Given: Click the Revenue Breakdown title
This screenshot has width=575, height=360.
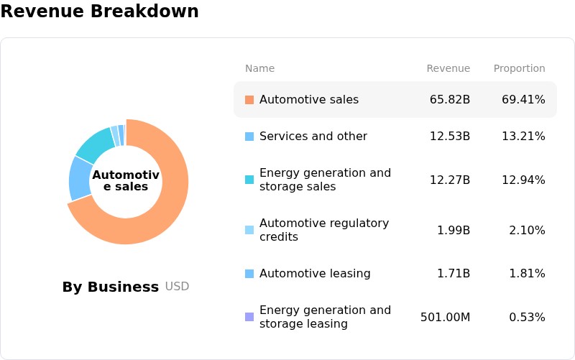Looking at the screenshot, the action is click(x=99, y=11).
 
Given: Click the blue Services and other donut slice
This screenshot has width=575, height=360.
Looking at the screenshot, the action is click(x=80, y=178).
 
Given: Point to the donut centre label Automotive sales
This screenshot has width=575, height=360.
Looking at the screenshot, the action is click(x=126, y=180).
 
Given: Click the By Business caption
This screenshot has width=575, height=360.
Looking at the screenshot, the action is click(x=111, y=287).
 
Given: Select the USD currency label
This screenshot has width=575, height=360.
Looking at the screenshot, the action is click(x=177, y=286).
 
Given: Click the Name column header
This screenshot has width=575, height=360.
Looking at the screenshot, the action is click(x=259, y=68).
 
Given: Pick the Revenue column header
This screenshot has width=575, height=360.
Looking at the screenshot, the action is click(x=448, y=68).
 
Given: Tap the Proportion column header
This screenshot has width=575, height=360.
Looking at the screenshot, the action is click(x=519, y=68).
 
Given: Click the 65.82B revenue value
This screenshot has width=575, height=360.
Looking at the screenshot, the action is click(x=450, y=100).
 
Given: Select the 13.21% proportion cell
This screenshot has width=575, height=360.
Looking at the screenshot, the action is click(x=523, y=137).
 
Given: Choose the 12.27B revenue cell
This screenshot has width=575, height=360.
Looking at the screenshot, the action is click(x=450, y=180).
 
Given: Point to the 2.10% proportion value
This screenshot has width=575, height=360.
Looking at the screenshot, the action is click(x=527, y=231).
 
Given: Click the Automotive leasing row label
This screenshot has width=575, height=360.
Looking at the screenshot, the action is click(x=315, y=274).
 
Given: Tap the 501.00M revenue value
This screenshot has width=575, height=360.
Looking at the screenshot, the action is click(x=445, y=317).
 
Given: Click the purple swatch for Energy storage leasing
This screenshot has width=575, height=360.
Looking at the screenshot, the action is click(x=249, y=317).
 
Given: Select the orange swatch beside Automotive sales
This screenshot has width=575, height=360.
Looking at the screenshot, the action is click(x=249, y=100).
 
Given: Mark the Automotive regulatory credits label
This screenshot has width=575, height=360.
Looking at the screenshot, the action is click(x=324, y=230).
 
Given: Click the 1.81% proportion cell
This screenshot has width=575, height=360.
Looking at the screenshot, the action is click(x=527, y=274).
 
